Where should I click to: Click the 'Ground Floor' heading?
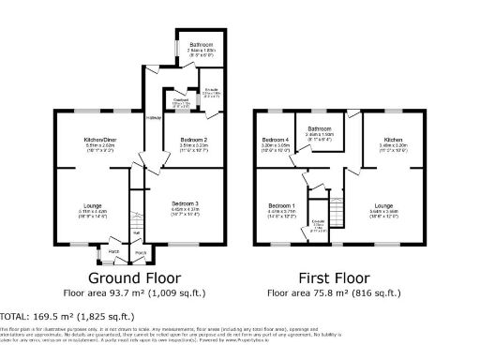(x=134, y=278)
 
